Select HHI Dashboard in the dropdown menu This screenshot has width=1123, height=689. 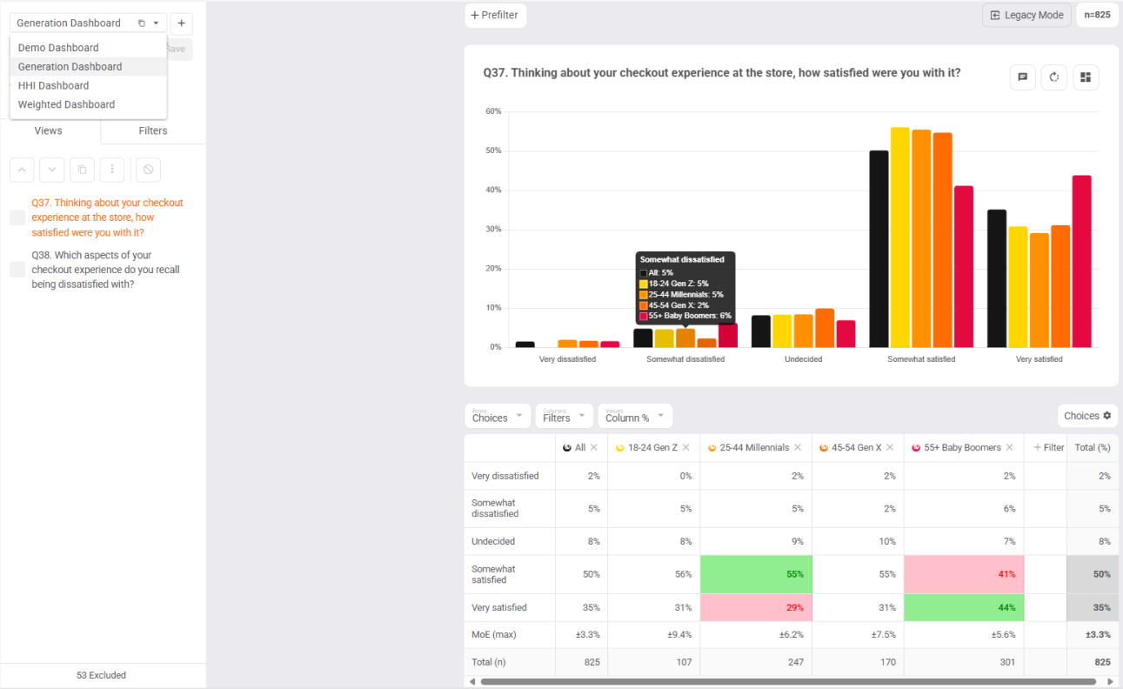[x=53, y=85]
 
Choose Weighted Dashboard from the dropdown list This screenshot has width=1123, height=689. [x=66, y=104]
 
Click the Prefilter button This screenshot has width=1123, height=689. [x=496, y=15]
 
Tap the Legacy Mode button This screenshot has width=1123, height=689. [x=1026, y=15]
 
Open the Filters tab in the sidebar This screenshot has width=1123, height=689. [x=153, y=130]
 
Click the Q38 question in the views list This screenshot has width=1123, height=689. [x=105, y=270]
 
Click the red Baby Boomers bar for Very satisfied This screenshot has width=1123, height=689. [x=1081, y=261]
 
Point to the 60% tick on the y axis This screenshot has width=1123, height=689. [x=493, y=111]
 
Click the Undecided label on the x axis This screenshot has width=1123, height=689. [x=803, y=358]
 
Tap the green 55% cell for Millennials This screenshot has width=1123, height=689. [x=755, y=574]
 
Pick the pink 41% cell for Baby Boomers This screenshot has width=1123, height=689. [x=964, y=574]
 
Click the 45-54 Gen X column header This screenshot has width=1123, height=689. [x=856, y=447]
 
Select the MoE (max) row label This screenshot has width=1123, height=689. [x=493, y=634]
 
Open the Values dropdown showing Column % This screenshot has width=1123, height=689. [x=634, y=416]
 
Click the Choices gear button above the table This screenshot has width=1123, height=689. [x=1087, y=416]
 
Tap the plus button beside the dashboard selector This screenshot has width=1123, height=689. [x=181, y=23]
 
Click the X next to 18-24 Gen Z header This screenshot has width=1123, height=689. [x=685, y=447]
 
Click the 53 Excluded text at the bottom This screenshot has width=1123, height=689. [x=101, y=675]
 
